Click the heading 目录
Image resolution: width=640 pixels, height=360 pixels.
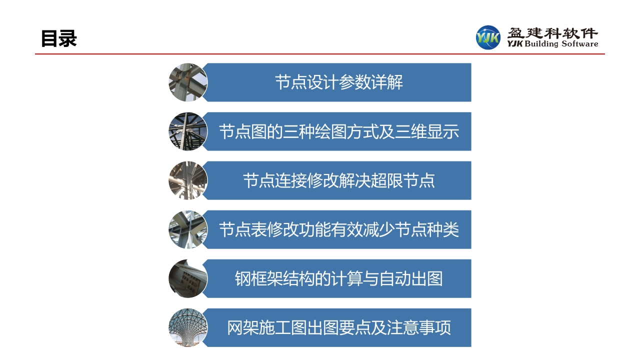tap(59, 38)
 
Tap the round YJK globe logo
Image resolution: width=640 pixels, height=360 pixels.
tap(488, 37)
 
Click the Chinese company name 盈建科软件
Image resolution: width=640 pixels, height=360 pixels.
tap(552, 33)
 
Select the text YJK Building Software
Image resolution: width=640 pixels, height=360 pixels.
tap(552, 43)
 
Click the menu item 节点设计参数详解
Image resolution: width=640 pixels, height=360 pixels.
tap(339, 82)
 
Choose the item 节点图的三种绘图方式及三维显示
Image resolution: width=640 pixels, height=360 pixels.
tap(339, 131)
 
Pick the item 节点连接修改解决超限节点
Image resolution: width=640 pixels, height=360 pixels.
tap(339, 180)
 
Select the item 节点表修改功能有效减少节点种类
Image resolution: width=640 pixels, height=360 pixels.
tap(339, 229)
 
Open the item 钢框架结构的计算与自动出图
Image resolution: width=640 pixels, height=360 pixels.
tap(339, 279)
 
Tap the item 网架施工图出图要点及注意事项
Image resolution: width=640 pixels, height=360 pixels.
tap(339, 327)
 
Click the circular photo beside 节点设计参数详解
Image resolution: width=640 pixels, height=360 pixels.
tap(188, 82)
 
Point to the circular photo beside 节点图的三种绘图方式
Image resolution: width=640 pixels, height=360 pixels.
tap(188, 131)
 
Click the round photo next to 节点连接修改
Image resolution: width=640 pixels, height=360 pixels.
tap(188, 180)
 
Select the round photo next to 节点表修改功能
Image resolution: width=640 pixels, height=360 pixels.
tap(188, 229)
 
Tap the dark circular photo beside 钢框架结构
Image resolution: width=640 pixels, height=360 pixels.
tap(188, 279)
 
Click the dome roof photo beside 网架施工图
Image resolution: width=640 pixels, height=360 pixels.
tap(188, 327)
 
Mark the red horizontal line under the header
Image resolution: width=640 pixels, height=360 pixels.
tap(319, 53)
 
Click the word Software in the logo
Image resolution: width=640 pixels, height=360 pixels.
tap(579, 43)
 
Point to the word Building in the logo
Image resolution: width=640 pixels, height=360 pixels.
tap(541, 44)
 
